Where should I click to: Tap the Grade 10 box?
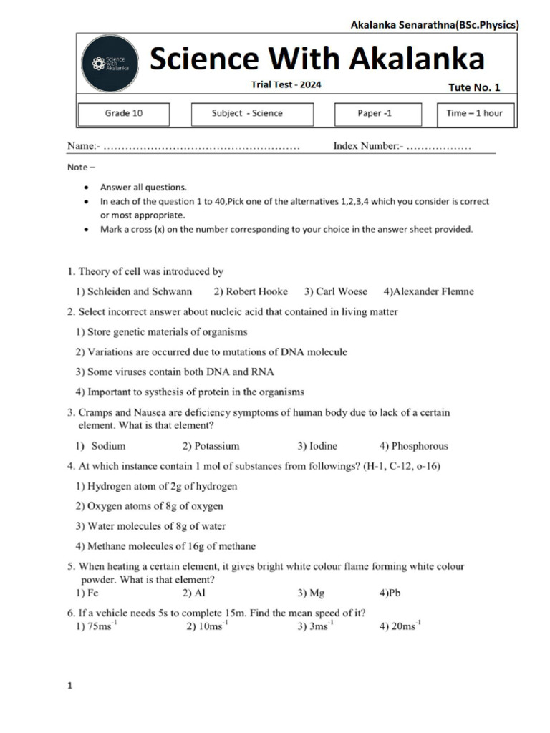tap(124, 114)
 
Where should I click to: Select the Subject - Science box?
tap(252, 114)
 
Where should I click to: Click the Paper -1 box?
tap(375, 114)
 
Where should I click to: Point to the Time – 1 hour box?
tap(475, 114)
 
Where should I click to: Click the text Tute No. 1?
tap(474, 87)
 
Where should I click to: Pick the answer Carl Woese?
tap(336, 291)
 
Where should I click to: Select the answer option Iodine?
tap(317, 445)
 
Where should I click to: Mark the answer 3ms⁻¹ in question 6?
tap(315, 626)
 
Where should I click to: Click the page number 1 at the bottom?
tap(70, 686)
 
